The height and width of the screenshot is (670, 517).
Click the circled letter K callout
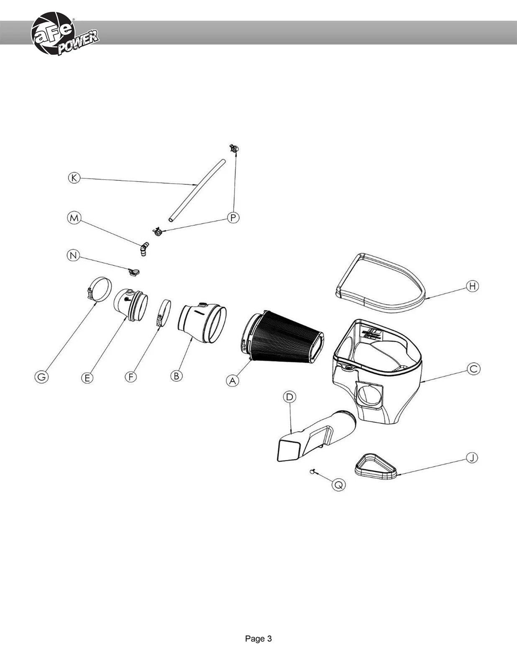coord(74,178)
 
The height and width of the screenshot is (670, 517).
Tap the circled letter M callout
coord(74,218)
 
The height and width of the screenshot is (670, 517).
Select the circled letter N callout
coord(73,255)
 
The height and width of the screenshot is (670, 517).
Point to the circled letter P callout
coord(233,218)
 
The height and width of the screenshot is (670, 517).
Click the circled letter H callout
coord(472,286)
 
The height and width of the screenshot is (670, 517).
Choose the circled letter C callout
coord(473,369)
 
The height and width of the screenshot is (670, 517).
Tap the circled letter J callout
coord(471,457)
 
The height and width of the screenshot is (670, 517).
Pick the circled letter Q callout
coord(338,485)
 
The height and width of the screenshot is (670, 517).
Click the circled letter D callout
coord(289,397)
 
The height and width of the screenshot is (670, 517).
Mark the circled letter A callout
coord(233,381)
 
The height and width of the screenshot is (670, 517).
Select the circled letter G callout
coord(41,377)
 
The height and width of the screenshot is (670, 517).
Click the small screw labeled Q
coord(312,471)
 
